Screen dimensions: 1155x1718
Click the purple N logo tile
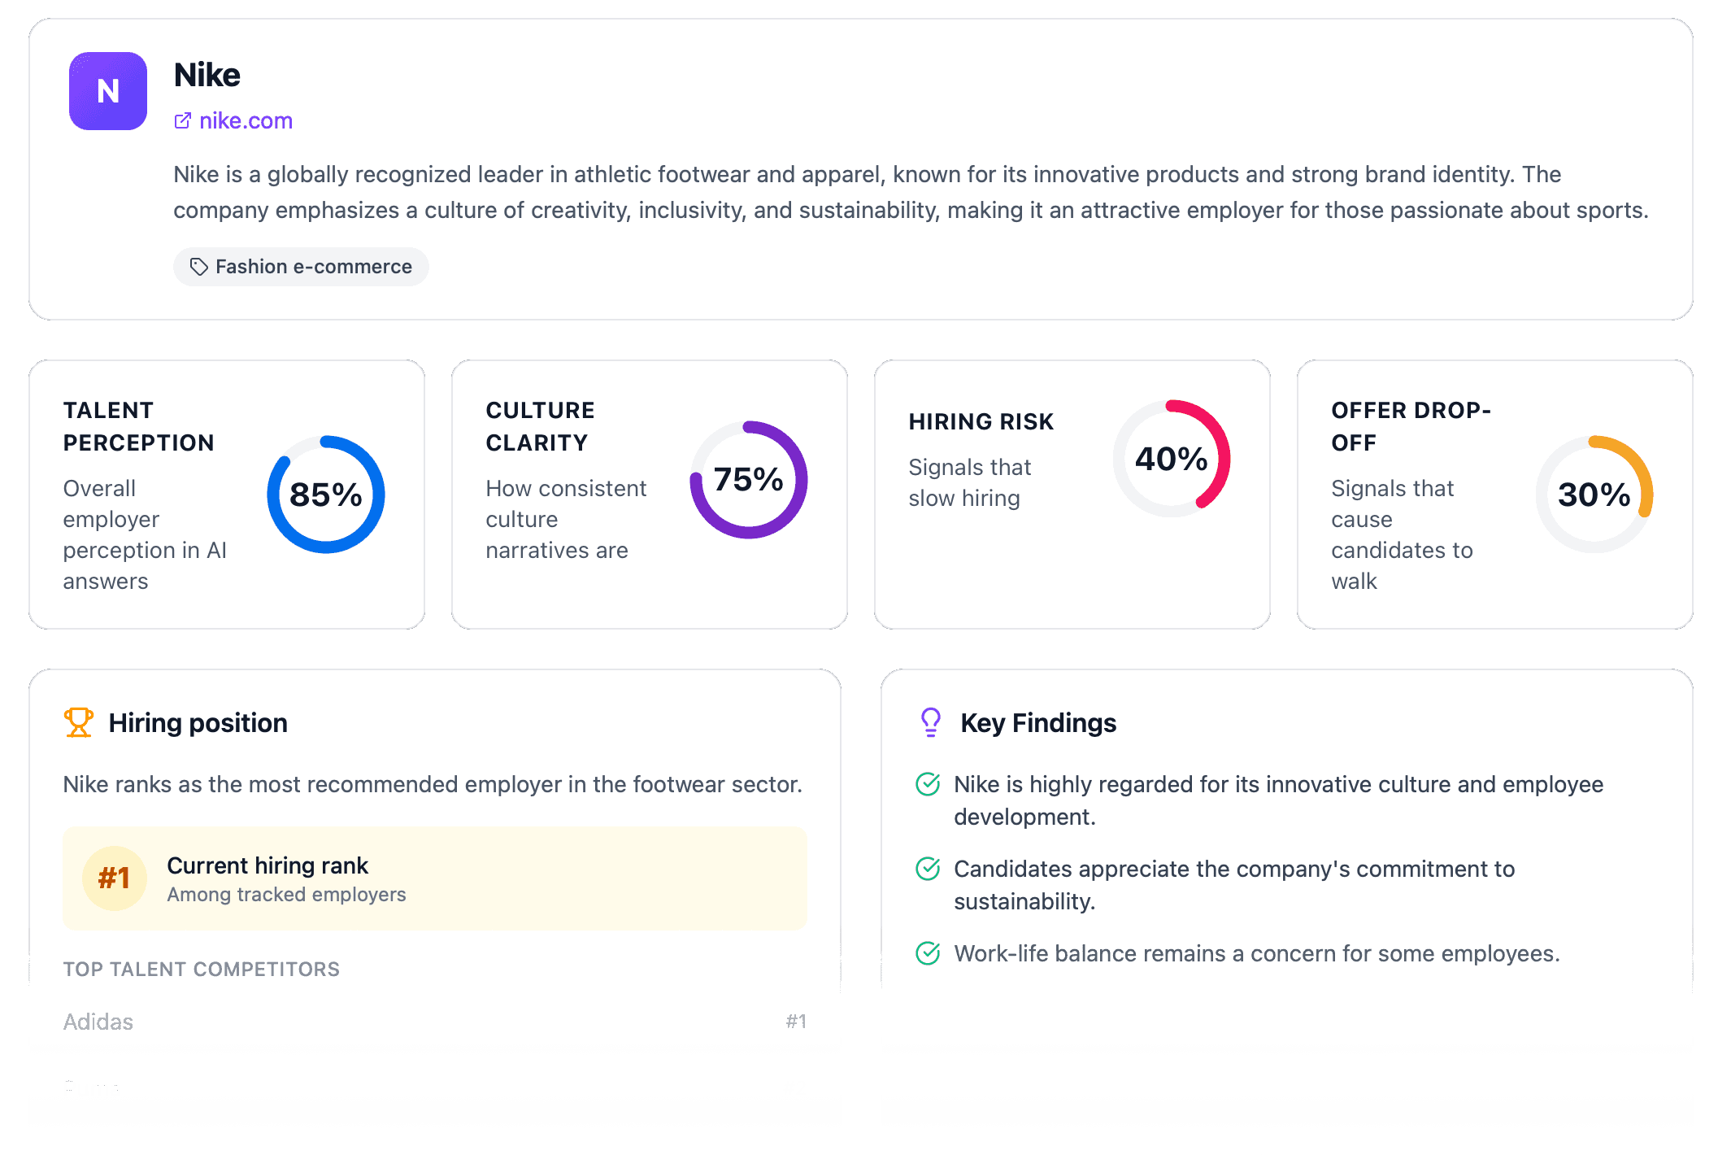(108, 91)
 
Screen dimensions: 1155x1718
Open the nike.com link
(245, 120)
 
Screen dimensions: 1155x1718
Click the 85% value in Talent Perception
(326, 495)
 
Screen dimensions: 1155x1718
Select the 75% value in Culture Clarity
(749, 479)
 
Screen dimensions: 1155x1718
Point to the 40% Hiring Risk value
(1172, 459)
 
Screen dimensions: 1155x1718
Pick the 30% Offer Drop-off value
(1594, 495)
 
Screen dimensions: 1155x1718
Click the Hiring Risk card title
(981, 421)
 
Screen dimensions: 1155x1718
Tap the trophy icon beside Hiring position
(79, 722)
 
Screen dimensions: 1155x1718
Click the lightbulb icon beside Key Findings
(931, 722)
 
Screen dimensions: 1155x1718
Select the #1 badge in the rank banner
(115, 878)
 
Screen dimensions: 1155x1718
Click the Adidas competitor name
(98, 1022)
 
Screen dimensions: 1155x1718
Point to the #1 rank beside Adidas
(796, 1022)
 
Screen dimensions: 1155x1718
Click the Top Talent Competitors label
(202, 969)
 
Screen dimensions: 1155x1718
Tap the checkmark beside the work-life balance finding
(928, 953)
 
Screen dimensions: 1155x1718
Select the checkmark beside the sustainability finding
(928, 869)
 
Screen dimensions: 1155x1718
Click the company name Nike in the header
(207, 75)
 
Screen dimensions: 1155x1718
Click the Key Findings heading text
(1038, 723)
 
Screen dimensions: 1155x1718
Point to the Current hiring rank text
(267, 865)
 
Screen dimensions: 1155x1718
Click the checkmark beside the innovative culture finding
(928, 784)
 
